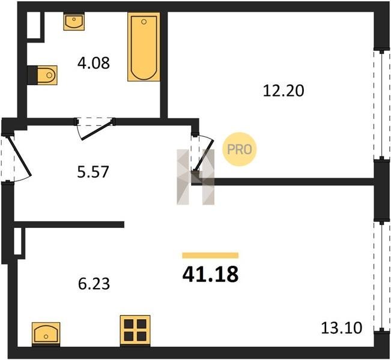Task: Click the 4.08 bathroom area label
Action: tap(94, 63)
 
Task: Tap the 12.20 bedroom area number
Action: tap(283, 91)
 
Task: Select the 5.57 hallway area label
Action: tap(93, 172)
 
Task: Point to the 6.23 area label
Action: tap(94, 284)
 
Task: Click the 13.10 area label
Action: tap(341, 328)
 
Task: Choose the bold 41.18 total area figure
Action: tap(210, 274)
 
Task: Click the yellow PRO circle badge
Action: tap(240, 149)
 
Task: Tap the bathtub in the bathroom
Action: tap(144, 47)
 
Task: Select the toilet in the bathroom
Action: tap(47, 75)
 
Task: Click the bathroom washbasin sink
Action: tap(74, 22)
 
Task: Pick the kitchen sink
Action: tap(46, 334)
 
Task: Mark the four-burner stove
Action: tap(135, 331)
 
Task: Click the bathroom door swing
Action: tap(95, 129)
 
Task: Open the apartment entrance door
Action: tap(19, 157)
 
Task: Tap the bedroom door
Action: tap(204, 154)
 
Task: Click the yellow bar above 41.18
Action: tap(210, 256)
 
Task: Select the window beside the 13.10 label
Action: tap(382, 276)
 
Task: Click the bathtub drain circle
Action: tap(144, 22)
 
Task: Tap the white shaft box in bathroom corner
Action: tap(34, 25)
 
